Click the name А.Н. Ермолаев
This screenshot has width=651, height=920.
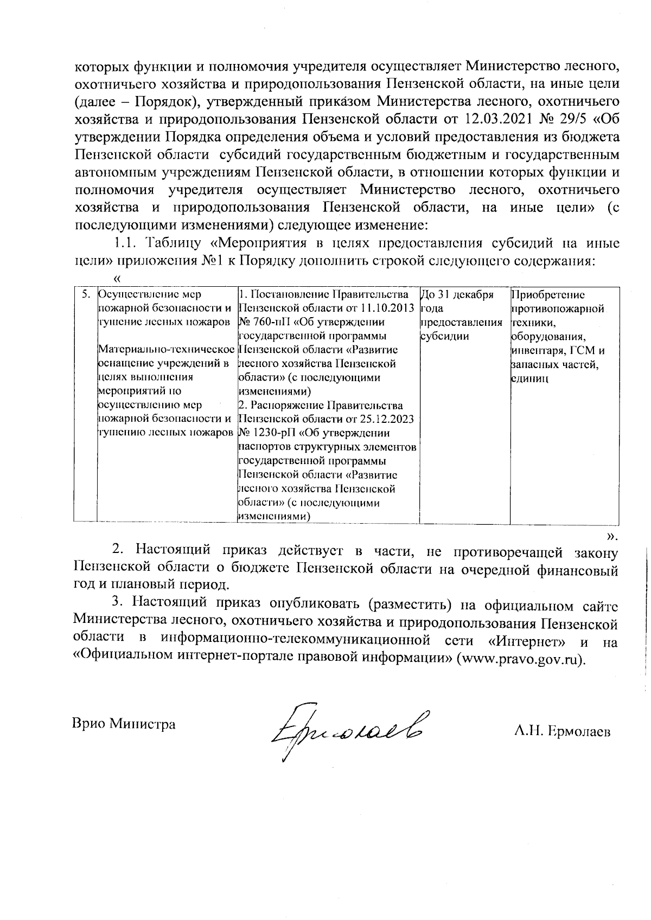pos(562,731)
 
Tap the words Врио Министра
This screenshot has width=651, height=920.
pos(124,724)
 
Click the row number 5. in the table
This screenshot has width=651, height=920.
pos(85,295)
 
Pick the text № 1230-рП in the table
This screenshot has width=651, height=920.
pos(264,433)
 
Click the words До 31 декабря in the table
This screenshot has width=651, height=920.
pos(457,295)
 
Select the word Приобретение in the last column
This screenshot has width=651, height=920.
pos(548,295)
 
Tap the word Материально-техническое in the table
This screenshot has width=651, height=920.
pos(166,350)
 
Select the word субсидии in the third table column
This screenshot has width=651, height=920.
pos(445,336)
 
